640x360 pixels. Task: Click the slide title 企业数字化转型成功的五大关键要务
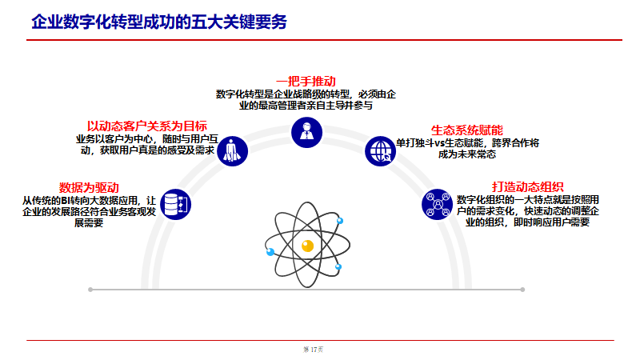(x=158, y=22)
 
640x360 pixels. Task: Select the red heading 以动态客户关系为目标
(x=147, y=126)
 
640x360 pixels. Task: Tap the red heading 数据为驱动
(x=89, y=186)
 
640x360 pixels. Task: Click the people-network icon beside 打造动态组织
(x=437, y=205)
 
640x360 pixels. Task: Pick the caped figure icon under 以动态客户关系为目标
(x=233, y=150)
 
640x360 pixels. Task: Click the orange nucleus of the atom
(x=307, y=246)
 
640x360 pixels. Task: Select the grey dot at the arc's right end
(x=522, y=289)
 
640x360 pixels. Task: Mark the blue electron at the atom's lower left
(x=270, y=252)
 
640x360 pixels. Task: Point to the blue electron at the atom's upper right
(x=340, y=220)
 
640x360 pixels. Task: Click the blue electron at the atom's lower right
(x=338, y=266)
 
